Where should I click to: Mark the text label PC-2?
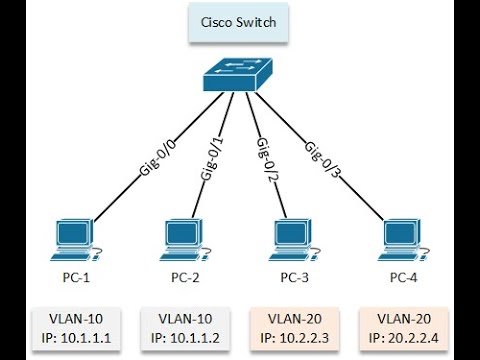pyautogui.click(x=183, y=275)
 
